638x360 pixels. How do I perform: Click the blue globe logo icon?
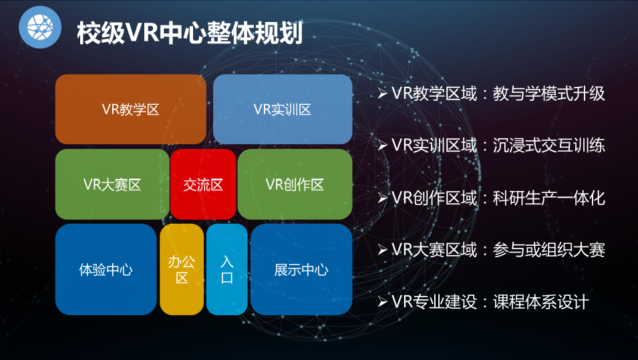click(x=40, y=27)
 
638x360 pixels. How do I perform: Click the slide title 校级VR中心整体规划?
click(x=190, y=33)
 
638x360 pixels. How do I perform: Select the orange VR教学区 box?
click(x=131, y=109)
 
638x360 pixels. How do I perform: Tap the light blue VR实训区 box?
click(x=283, y=109)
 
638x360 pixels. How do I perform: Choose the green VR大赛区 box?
click(x=112, y=184)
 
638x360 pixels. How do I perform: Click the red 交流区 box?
click(x=203, y=184)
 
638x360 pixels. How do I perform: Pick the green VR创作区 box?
click(x=295, y=184)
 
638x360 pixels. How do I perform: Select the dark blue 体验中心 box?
click(x=106, y=269)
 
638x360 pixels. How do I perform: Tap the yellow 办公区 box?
click(x=182, y=269)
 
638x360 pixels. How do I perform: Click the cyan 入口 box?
click(x=226, y=269)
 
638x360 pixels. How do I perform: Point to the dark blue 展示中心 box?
click(x=301, y=269)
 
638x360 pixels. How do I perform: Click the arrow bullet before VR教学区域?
click(x=382, y=94)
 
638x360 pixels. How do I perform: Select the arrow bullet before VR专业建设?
click(x=382, y=302)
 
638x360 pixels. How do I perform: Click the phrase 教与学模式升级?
click(x=549, y=94)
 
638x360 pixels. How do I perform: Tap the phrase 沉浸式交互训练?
click(x=549, y=145)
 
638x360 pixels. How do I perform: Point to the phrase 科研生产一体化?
click(x=549, y=198)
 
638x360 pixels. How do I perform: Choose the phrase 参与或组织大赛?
click(x=549, y=249)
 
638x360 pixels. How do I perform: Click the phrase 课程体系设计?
click(x=540, y=302)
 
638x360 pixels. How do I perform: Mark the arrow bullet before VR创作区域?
click(x=382, y=198)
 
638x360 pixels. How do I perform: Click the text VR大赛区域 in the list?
click(x=434, y=249)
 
